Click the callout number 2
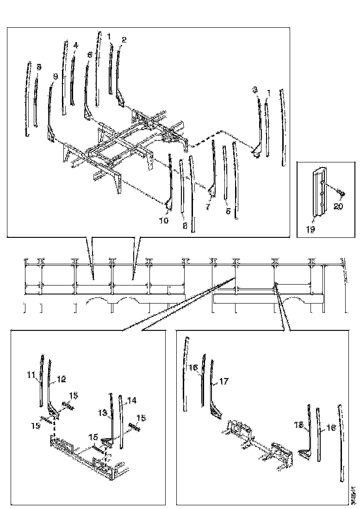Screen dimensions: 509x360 click(x=124, y=40)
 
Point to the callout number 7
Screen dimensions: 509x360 click(x=208, y=208)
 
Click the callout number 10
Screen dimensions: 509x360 click(x=164, y=221)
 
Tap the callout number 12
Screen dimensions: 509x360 click(x=61, y=379)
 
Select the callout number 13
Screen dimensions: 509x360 click(x=103, y=411)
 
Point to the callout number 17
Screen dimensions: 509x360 click(x=224, y=382)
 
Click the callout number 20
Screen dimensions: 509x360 click(x=338, y=207)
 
